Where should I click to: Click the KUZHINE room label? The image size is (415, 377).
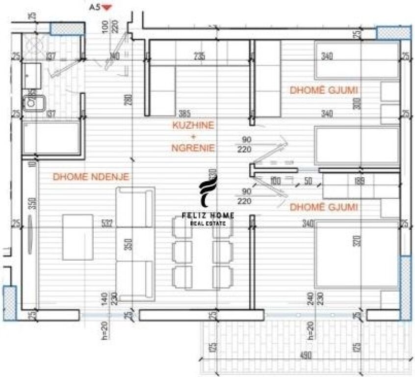coord(193,125)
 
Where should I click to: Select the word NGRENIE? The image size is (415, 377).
coord(193,147)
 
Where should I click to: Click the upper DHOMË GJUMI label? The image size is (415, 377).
coord(324,90)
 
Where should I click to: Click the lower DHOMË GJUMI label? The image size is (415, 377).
coord(324,207)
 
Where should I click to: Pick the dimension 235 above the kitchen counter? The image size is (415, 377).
coord(199,56)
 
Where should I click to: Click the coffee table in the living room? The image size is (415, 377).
coord(78,237)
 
